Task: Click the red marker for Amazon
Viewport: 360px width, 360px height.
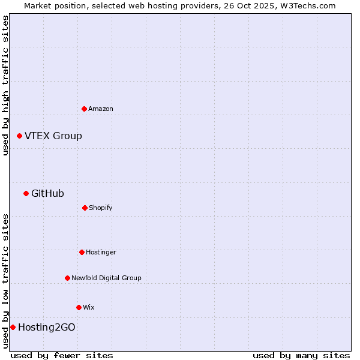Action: point(85,109)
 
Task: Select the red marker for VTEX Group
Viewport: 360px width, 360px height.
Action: point(20,136)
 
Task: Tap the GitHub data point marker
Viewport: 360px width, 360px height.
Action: point(26,193)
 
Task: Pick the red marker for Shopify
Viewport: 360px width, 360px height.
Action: point(85,208)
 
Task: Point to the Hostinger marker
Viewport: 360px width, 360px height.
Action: point(82,252)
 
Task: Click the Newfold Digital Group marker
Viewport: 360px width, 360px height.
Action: point(68,278)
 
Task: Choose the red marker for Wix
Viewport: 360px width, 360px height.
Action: point(79,307)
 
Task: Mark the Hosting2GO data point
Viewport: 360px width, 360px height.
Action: point(13,327)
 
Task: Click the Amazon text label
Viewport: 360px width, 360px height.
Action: point(101,109)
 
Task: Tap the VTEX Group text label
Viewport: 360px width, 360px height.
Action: point(53,136)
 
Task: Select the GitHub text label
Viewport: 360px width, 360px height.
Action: point(48,193)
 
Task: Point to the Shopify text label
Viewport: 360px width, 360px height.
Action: point(101,208)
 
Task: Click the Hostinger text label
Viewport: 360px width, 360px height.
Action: point(101,252)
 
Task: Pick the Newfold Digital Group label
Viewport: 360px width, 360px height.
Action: point(106,278)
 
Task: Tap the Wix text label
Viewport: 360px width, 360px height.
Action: point(89,307)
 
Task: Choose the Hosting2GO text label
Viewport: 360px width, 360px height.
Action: point(47,327)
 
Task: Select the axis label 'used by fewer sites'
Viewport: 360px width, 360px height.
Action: point(62,355)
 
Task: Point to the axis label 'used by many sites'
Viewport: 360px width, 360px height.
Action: point(301,355)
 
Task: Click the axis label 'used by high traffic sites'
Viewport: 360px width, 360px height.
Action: point(5,85)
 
